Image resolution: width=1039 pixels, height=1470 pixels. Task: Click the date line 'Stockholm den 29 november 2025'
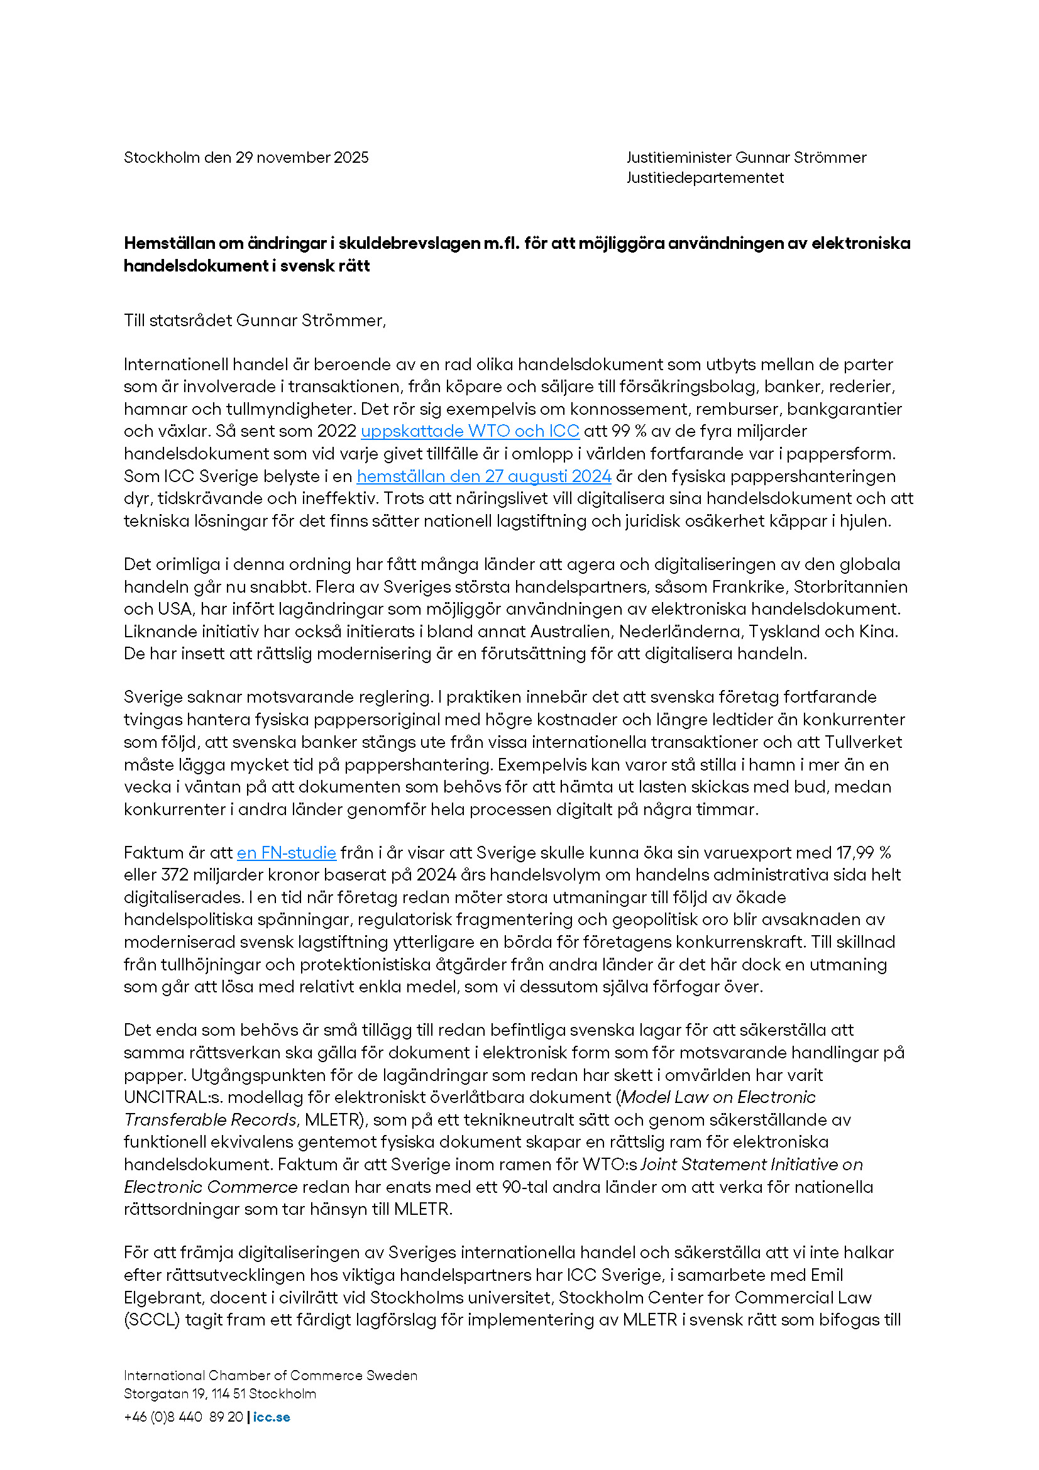246,158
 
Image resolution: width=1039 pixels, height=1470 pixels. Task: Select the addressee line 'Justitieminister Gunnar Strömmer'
746,158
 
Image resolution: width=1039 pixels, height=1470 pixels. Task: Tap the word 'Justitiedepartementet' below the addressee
705,177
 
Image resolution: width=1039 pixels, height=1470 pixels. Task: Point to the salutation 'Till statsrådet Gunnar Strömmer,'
255,320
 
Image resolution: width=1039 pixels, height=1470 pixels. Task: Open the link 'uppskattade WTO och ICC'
470,431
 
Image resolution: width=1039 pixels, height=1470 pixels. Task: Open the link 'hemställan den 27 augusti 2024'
483,476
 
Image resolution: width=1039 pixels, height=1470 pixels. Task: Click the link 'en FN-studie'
286,853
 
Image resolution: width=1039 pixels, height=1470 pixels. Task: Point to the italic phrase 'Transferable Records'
210,1120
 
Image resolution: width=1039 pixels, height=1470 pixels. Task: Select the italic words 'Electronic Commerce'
211,1187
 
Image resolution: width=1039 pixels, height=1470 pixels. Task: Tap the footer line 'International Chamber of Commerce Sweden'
270,1375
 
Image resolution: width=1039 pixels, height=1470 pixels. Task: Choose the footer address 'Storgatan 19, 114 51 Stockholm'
219,1394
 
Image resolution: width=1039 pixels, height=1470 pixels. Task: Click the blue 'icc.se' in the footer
272,1417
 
